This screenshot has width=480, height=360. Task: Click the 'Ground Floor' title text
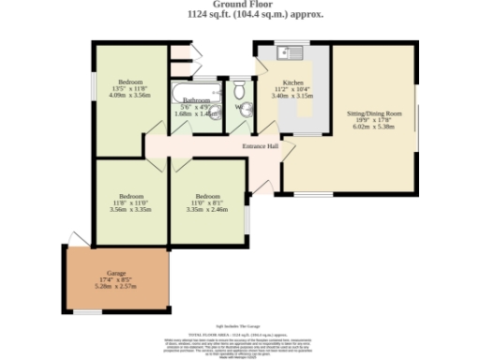coord(239,5)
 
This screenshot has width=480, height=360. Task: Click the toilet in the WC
coord(240,91)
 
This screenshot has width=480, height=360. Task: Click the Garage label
coord(116,272)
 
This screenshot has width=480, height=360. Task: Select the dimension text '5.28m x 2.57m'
coord(116,285)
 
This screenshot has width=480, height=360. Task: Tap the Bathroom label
coord(196,99)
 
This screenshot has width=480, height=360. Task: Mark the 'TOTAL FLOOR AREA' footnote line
coord(239,334)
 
